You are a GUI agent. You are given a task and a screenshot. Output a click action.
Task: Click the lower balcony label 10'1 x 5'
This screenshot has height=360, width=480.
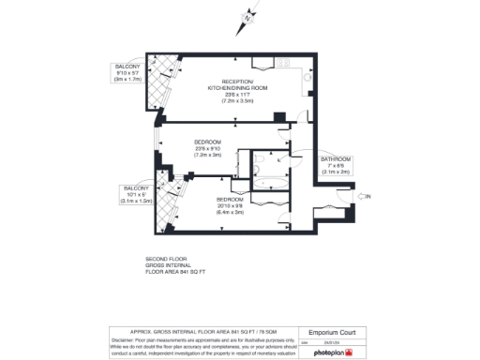(x=136, y=194)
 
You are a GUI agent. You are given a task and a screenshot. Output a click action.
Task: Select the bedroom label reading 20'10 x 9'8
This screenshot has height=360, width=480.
(x=230, y=205)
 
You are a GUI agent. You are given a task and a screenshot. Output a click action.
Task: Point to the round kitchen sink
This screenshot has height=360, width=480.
(x=308, y=81)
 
